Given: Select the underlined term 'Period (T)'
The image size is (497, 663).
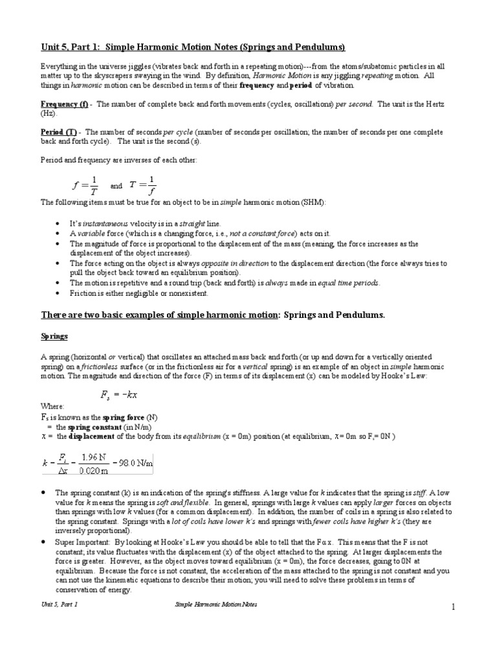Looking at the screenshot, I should click(59, 131).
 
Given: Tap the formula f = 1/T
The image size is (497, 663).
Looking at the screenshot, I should click(85, 186).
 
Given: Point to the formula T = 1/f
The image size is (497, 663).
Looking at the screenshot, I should click(143, 186).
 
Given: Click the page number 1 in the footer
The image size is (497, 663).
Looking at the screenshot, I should click(454, 606).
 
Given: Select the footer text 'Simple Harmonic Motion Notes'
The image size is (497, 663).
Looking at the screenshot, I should click(216, 603).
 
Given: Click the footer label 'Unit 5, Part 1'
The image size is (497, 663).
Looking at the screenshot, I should click(60, 603).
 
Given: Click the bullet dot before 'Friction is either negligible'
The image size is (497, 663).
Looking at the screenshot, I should click(58, 293).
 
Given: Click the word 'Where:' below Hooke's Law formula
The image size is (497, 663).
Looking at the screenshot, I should click(52, 407).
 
